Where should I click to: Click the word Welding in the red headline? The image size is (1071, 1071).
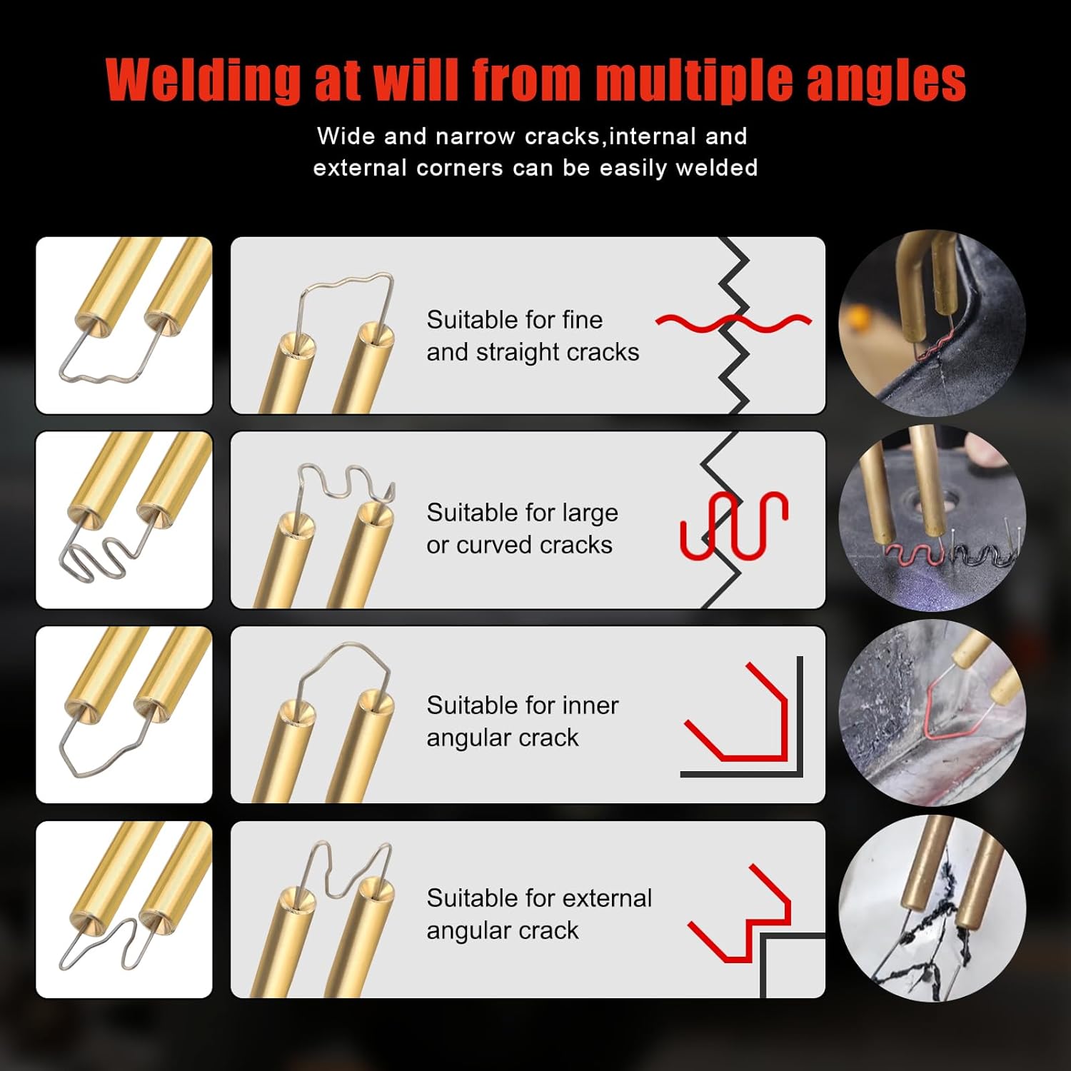[203, 80]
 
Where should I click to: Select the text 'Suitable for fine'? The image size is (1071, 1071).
[514, 320]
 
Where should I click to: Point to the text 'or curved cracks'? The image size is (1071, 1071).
[519, 545]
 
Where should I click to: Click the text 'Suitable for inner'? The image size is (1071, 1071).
[522, 705]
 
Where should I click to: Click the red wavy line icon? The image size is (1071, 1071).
[733, 323]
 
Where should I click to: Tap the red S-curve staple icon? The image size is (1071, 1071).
[733, 525]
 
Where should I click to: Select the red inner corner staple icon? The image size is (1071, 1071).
[743, 718]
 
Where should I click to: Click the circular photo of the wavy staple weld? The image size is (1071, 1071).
[932, 323]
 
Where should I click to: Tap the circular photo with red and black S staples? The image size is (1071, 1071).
[932, 518]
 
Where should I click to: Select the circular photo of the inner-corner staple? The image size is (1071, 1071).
[932, 713]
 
